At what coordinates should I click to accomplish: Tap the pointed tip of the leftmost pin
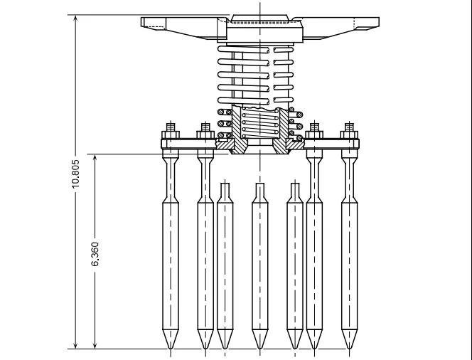pyautogui.click(x=171, y=349)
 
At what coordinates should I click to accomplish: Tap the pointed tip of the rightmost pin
pyautogui.click(x=349, y=349)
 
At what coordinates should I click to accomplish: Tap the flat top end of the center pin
pyautogui.click(x=259, y=184)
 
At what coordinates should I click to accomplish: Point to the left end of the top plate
pyautogui.click(x=142, y=21)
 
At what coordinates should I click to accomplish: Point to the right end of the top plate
pyautogui.click(x=377, y=21)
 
